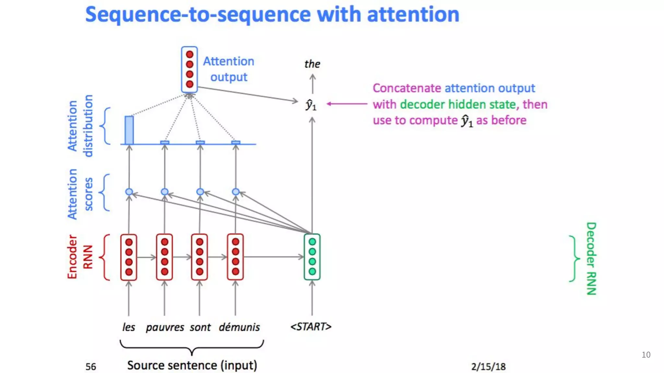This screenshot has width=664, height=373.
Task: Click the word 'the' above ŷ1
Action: [312, 64]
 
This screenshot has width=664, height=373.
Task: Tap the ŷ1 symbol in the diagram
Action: [311, 105]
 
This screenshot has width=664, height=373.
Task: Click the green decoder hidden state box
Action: [312, 257]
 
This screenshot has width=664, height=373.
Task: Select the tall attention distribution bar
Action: [129, 130]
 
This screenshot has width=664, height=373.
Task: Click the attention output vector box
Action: [189, 69]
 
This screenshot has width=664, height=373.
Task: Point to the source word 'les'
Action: [128, 327]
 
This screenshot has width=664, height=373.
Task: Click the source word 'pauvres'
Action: [165, 327]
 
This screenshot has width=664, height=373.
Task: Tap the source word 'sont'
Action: [200, 327]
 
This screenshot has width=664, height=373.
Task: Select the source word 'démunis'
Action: [239, 327]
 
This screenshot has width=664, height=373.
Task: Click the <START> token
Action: [311, 326]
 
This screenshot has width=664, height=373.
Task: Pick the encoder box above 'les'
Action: [129, 257]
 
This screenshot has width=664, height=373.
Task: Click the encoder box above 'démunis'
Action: [235, 257]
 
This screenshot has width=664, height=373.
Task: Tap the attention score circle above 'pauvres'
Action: [165, 192]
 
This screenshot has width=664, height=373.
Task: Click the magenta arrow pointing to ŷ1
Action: [347, 104]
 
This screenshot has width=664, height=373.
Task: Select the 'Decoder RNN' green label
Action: [591, 258]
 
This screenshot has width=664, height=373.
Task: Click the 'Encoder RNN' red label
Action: [80, 257]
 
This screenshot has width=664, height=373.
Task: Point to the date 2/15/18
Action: [488, 367]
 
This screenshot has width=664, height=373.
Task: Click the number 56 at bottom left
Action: [91, 367]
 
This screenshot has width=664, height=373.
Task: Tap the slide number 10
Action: [646, 355]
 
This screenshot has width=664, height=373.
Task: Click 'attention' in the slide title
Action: [413, 15]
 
